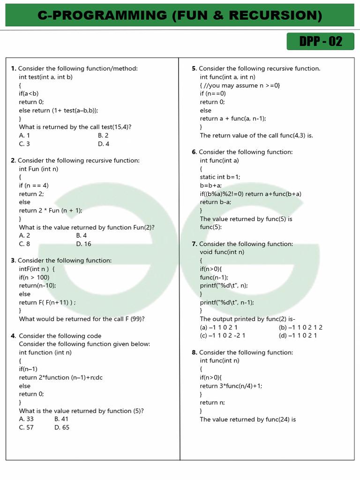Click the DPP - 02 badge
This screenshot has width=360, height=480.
(x=321, y=42)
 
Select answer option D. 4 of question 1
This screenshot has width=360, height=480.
(x=104, y=144)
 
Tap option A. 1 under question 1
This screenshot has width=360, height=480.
(x=24, y=135)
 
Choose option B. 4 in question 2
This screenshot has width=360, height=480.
(x=81, y=235)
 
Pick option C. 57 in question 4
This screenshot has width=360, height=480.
(x=26, y=427)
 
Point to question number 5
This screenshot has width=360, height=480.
(x=194, y=69)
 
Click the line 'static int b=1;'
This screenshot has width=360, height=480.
(x=220, y=177)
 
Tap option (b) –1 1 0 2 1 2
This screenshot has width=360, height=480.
(x=300, y=327)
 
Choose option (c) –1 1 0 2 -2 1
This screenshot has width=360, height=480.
(x=223, y=336)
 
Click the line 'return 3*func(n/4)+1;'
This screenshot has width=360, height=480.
(x=231, y=386)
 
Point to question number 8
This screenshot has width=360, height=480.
(x=194, y=352)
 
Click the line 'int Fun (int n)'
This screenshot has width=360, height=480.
(x=38, y=169)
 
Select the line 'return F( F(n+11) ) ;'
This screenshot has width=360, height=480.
(x=47, y=302)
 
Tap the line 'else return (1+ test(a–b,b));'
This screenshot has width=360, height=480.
(x=59, y=111)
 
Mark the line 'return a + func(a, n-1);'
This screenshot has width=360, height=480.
(x=233, y=119)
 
